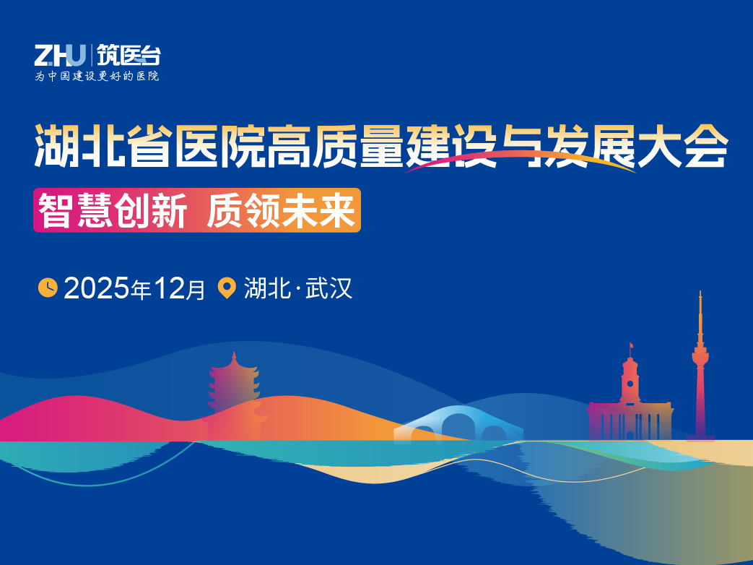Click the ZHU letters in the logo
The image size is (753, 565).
click(x=60, y=55)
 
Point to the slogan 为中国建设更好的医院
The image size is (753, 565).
click(x=97, y=76)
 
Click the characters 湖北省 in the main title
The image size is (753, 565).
click(x=101, y=146)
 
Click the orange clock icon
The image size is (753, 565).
click(x=48, y=288)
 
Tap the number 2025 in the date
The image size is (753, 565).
click(x=97, y=288)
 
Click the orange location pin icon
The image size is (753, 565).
click(x=227, y=288)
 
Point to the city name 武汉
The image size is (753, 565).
click(x=329, y=288)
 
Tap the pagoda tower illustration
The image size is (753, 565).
click(x=232, y=390)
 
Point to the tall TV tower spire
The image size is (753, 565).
click(x=700, y=368)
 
